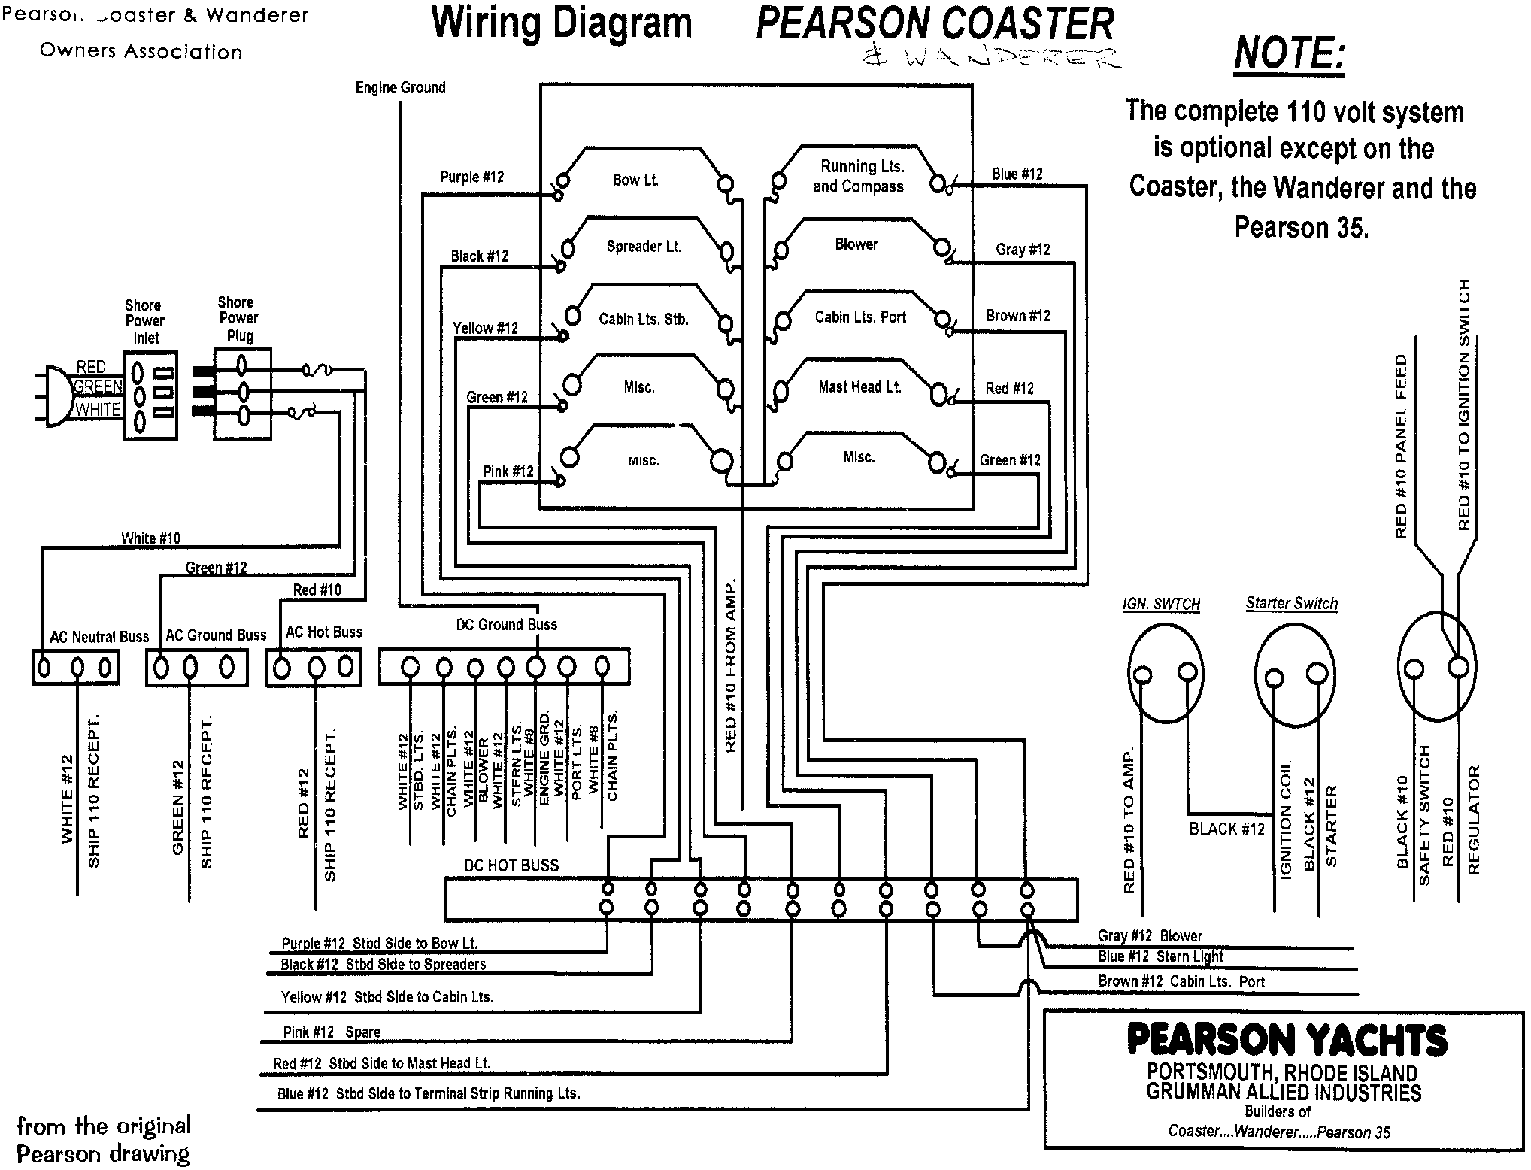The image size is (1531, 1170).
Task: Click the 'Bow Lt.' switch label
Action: click(x=635, y=180)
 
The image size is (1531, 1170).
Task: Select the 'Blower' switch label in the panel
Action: click(x=856, y=244)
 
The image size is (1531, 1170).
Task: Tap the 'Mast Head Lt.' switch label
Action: click(x=859, y=387)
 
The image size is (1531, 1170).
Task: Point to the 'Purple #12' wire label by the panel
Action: click(x=472, y=177)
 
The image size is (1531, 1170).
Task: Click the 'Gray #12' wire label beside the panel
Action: click(x=1023, y=250)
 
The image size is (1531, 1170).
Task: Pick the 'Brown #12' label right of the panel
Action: click(x=1018, y=316)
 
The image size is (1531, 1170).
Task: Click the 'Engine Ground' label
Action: click(x=400, y=88)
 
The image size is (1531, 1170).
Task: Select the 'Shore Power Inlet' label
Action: click(x=144, y=321)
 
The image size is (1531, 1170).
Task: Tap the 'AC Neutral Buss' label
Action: click(x=99, y=637)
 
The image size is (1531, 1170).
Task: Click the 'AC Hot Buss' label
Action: click(x=324, y=632)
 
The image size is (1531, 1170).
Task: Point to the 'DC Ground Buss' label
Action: click(x=507, y=625)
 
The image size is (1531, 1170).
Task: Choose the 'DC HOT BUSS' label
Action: click(x=511, y=865)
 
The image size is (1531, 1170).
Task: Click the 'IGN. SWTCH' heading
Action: click(x=1161, y=605)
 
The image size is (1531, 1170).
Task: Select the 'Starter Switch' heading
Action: click(x=1291, y=603)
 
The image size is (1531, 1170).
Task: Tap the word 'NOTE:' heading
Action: click(x=1289, y=54)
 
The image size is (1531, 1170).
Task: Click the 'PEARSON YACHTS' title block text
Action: click(x=1287, y=1041)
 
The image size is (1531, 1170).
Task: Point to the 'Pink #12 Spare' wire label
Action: click(x=332, y=1032)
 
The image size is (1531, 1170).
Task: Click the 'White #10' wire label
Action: click(x=150, y=538)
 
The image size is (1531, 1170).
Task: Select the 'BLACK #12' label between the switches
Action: click(x=1226, y=829)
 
